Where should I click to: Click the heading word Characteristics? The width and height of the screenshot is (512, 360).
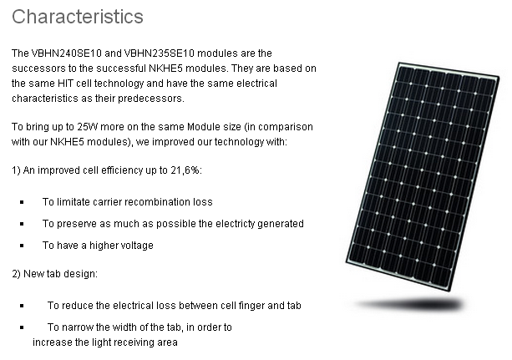coord(78,17)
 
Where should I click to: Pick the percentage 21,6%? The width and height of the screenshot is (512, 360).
coord(185,170)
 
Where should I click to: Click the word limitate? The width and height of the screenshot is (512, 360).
coord(74,202)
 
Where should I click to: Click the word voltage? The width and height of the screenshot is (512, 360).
coord(137,246)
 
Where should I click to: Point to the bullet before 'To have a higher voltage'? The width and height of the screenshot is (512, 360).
coord(22,246)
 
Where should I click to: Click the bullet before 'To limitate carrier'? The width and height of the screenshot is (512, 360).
coord(22,202)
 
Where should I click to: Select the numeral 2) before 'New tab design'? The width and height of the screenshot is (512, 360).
coord(17,274)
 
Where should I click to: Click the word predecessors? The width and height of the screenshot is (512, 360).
coord(151,99)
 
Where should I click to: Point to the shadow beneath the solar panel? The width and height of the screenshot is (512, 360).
coord(410,305)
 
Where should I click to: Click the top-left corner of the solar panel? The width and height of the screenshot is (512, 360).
coord(399,63)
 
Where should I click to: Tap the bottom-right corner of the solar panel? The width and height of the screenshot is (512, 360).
coord(449,291)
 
